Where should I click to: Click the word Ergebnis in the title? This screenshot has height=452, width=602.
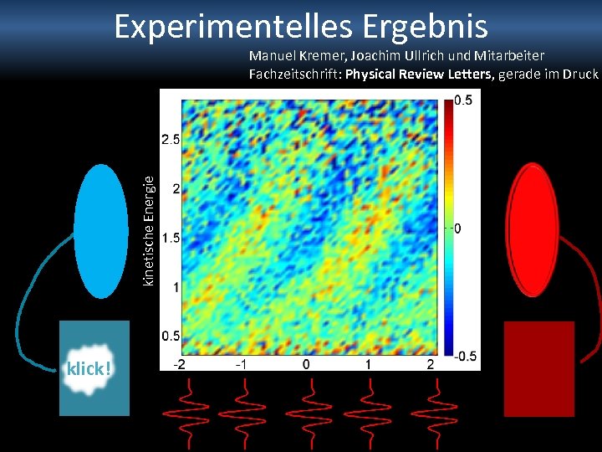coord(426,27)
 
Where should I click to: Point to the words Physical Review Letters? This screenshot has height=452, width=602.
coord(421,74)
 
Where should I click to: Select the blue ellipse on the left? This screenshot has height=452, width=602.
coord(101,231)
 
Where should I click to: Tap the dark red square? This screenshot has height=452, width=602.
coord(539,368)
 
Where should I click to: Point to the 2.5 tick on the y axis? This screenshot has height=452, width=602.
coord(171,139)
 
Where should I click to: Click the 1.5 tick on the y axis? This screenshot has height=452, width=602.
coord(171,238)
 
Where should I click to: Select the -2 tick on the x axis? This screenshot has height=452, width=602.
coord(179,365)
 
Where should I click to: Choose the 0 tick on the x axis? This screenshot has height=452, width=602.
coord(306,365)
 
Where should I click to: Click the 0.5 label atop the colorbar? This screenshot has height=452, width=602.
coord(462,100)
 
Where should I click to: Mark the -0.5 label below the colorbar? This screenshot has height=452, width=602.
coord(465,357)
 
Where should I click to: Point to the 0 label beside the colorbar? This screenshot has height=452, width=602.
coord(457,229)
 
